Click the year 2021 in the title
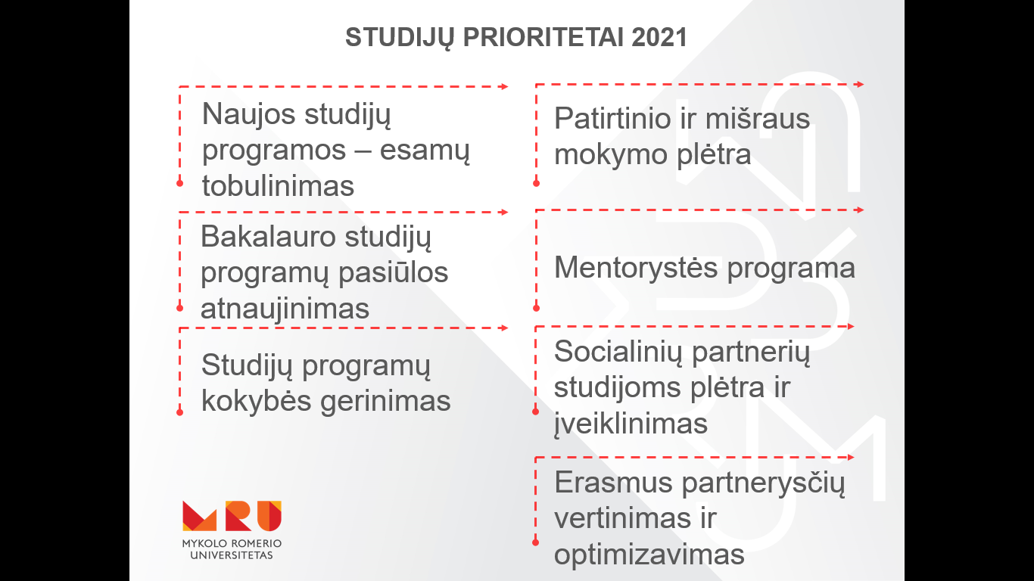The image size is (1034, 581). pos(659,37)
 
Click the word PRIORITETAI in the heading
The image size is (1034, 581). pos(543,37)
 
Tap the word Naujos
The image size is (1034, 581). pos(248,114)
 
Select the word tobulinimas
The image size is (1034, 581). pos(278,185)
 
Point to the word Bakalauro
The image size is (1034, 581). pos(268,236)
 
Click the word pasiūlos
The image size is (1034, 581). pos(394,272)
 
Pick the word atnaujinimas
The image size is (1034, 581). pos(285,309)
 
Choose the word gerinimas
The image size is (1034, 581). pos(385,400)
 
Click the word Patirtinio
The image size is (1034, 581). pos(612,118)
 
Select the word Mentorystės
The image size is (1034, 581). pos(636,268)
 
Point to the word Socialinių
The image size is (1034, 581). pos(618,352)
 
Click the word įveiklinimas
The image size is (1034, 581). pos(631,424)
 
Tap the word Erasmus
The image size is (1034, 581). pos(614,483)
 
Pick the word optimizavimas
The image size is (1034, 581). pos(649,555)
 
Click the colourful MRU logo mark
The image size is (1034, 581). pos(232,516)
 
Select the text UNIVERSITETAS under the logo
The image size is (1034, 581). pos(232,555)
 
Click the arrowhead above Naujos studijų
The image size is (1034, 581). pos(505,86)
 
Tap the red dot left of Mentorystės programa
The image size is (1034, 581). pos(536,308)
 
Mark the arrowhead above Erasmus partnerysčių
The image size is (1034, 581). pos(851,458)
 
